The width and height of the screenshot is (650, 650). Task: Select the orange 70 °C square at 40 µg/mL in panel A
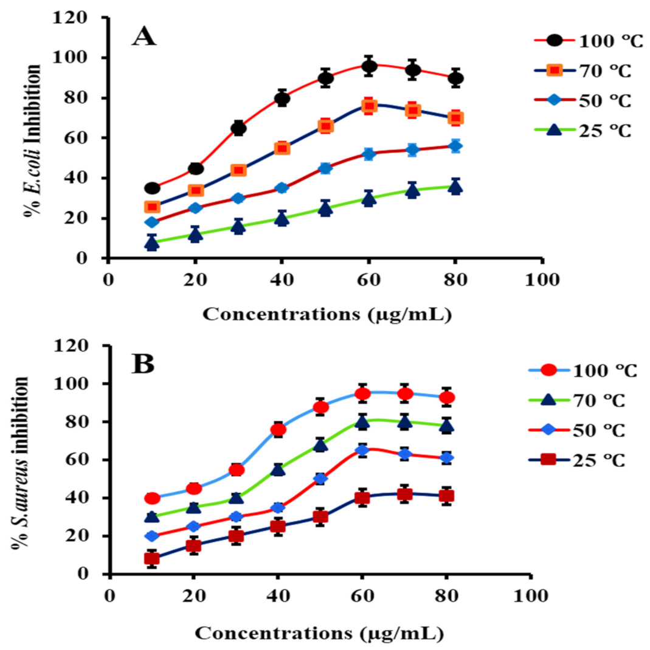[x=282, y=148]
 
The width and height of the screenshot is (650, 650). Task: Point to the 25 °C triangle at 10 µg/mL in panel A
[x=152, y=243]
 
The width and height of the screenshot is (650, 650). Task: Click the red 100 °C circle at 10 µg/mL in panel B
[x=152, y=498]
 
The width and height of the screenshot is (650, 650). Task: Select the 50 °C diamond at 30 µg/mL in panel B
[x=236, y=517]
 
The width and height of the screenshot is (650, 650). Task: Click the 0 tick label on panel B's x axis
[x=109, y=594]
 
